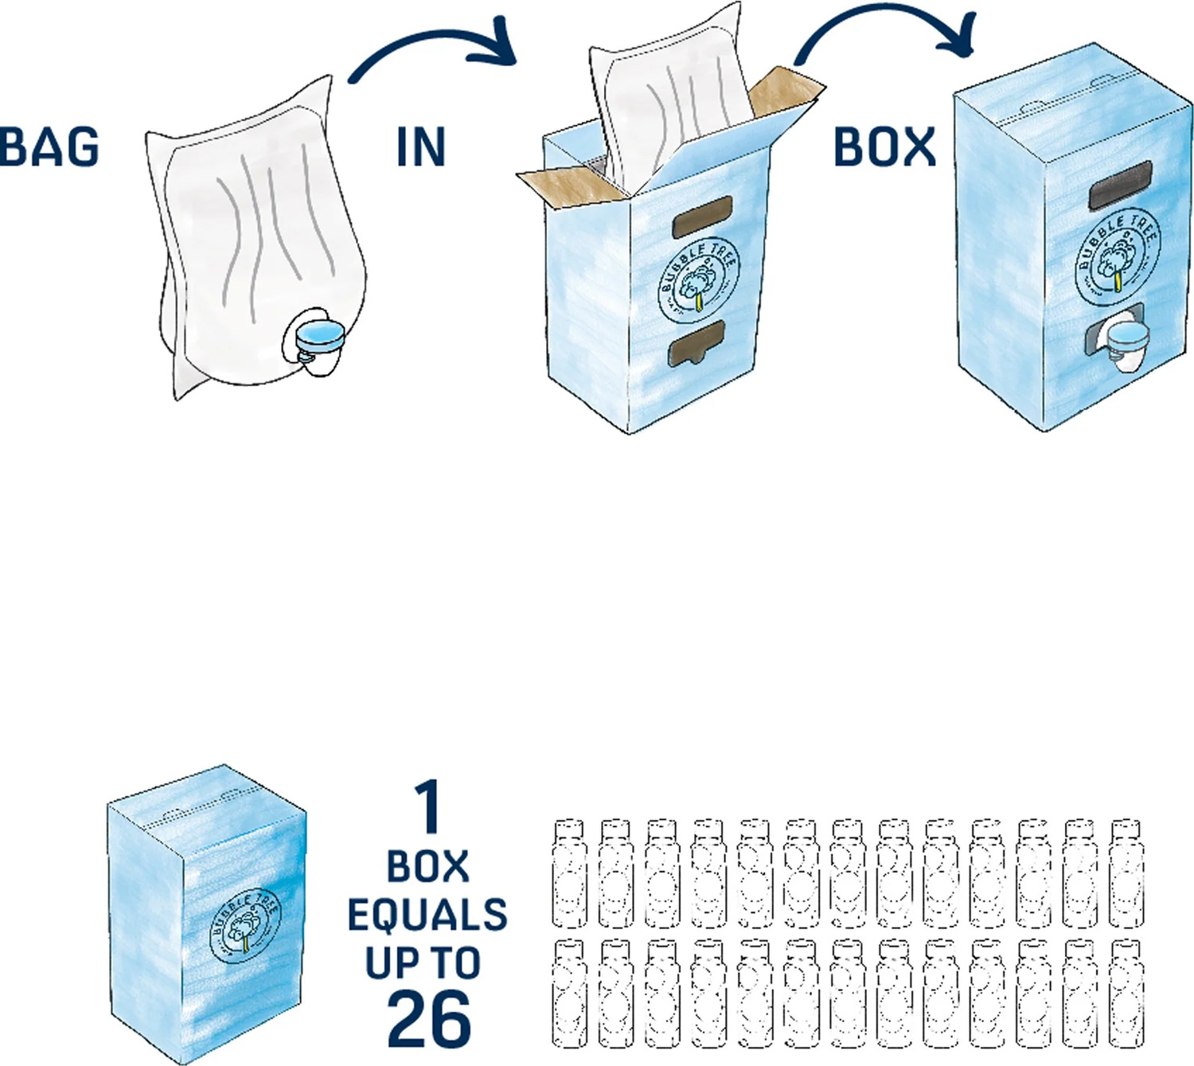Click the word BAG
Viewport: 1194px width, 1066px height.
[49, 146]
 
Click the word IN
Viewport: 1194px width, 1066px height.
[420, 147]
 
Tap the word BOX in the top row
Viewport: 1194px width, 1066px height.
[884, 147]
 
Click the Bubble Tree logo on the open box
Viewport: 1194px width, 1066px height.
[698, 279]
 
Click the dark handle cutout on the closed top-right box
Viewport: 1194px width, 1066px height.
[1120, 185]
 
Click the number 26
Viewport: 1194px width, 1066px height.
[428, 1018]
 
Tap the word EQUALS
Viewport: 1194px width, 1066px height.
[427, 915]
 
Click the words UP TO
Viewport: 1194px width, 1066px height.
[423, 963]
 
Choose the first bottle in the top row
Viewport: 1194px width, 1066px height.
[569, 873]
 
